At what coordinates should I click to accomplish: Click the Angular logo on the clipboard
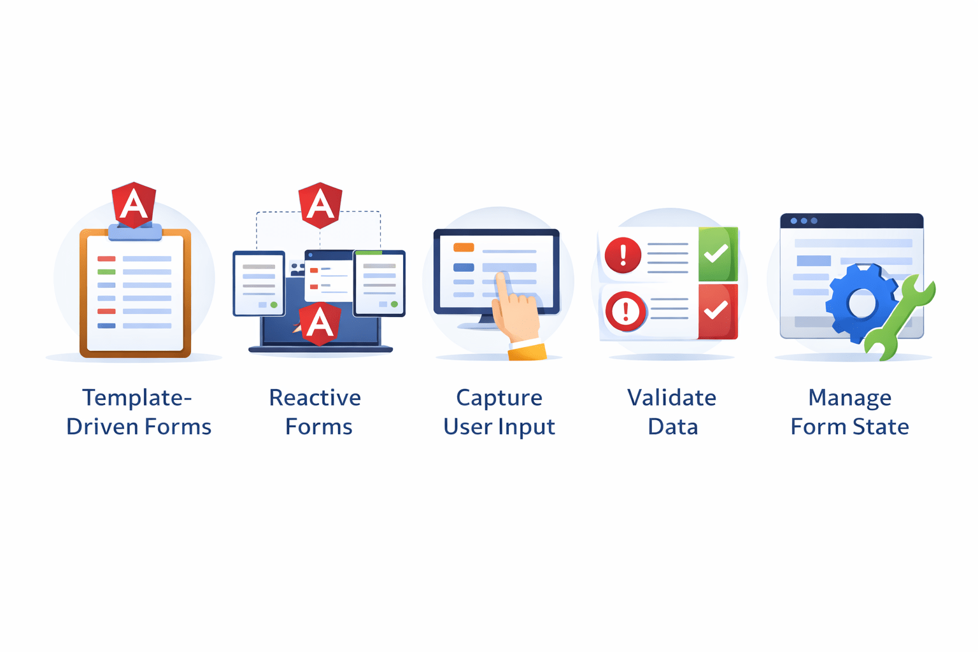pos(134,204)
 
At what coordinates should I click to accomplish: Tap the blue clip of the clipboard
pos(135,233)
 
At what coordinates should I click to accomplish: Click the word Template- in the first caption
pos(137,398)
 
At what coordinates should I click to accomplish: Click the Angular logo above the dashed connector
pos(320,204)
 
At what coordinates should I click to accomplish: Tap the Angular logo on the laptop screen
pos(319,323)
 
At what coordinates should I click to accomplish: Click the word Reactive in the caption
pos(315,398)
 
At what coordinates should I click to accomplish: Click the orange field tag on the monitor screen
pos(464,248)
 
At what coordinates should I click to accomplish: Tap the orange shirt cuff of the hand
pos(528,351)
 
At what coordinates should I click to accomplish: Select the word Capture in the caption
pos(499,398)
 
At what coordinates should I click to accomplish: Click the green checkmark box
pos(718,254)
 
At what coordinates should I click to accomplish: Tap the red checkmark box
pos(718,311)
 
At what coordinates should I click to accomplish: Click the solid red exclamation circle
pos(623,255)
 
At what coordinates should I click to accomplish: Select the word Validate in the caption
pos(672,398)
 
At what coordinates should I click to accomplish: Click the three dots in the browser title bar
pos(804,221)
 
